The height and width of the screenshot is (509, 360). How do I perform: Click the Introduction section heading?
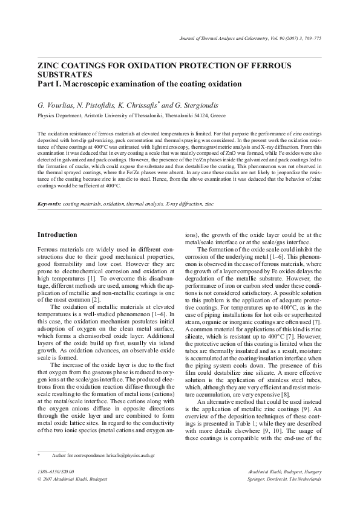(x=57, y=234)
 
